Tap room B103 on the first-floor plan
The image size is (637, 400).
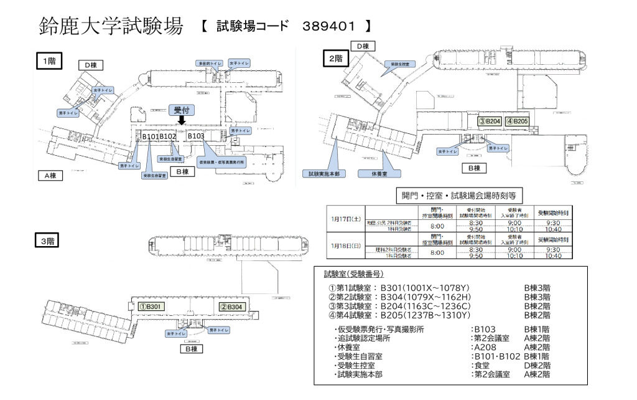point(196,136)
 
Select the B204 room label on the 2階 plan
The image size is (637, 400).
point(490,121)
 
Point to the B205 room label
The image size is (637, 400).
point(517,121)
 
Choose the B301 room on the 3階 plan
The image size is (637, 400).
point(151,307)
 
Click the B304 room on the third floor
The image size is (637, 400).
point(231,307)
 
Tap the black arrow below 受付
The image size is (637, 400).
point(182,121)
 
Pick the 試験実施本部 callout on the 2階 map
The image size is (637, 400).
point(322,174)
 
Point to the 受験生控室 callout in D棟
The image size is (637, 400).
point(400,64)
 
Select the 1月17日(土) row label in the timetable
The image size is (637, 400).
point(345,219)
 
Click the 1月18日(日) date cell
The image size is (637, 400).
point(345,246)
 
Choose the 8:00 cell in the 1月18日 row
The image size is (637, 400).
point(437,252)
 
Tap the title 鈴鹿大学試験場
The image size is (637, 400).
point(111,26)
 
